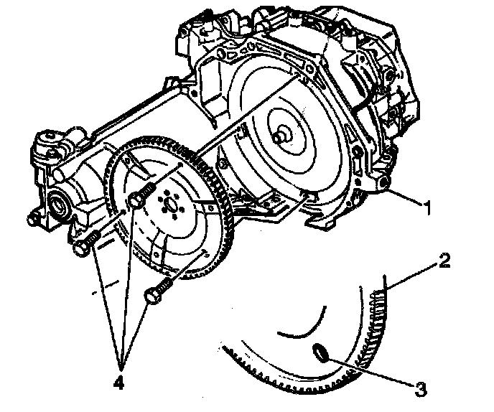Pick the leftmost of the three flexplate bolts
pos(85,246)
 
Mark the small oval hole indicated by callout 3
pos(321,351)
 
